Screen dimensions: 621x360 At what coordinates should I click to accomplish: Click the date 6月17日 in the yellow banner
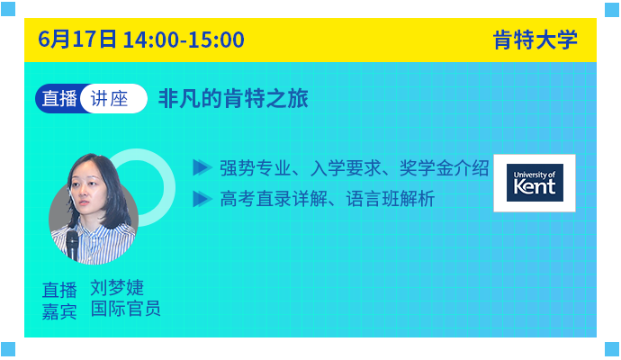77,40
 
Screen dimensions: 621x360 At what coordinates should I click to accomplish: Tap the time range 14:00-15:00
184,40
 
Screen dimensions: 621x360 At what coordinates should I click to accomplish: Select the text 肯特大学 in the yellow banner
535,40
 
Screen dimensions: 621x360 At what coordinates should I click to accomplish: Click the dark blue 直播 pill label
59,99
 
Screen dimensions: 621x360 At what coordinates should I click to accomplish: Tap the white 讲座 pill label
110,99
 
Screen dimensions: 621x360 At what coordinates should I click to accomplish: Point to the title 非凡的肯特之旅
233,99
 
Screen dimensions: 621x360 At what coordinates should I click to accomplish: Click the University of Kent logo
535,183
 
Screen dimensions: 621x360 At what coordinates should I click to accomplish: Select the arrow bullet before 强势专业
202,168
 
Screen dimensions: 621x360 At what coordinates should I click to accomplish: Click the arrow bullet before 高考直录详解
202,199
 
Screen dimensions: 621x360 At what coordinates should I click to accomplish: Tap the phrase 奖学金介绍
444,168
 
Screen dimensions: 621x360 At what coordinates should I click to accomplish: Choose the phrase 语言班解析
391,199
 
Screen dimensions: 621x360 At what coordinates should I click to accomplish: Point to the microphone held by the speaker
72,245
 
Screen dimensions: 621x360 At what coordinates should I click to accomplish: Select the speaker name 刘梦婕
117,288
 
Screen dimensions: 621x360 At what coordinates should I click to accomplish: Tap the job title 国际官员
125,309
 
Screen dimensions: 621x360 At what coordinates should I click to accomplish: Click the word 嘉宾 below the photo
59,311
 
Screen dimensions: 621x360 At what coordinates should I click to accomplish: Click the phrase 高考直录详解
274,199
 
